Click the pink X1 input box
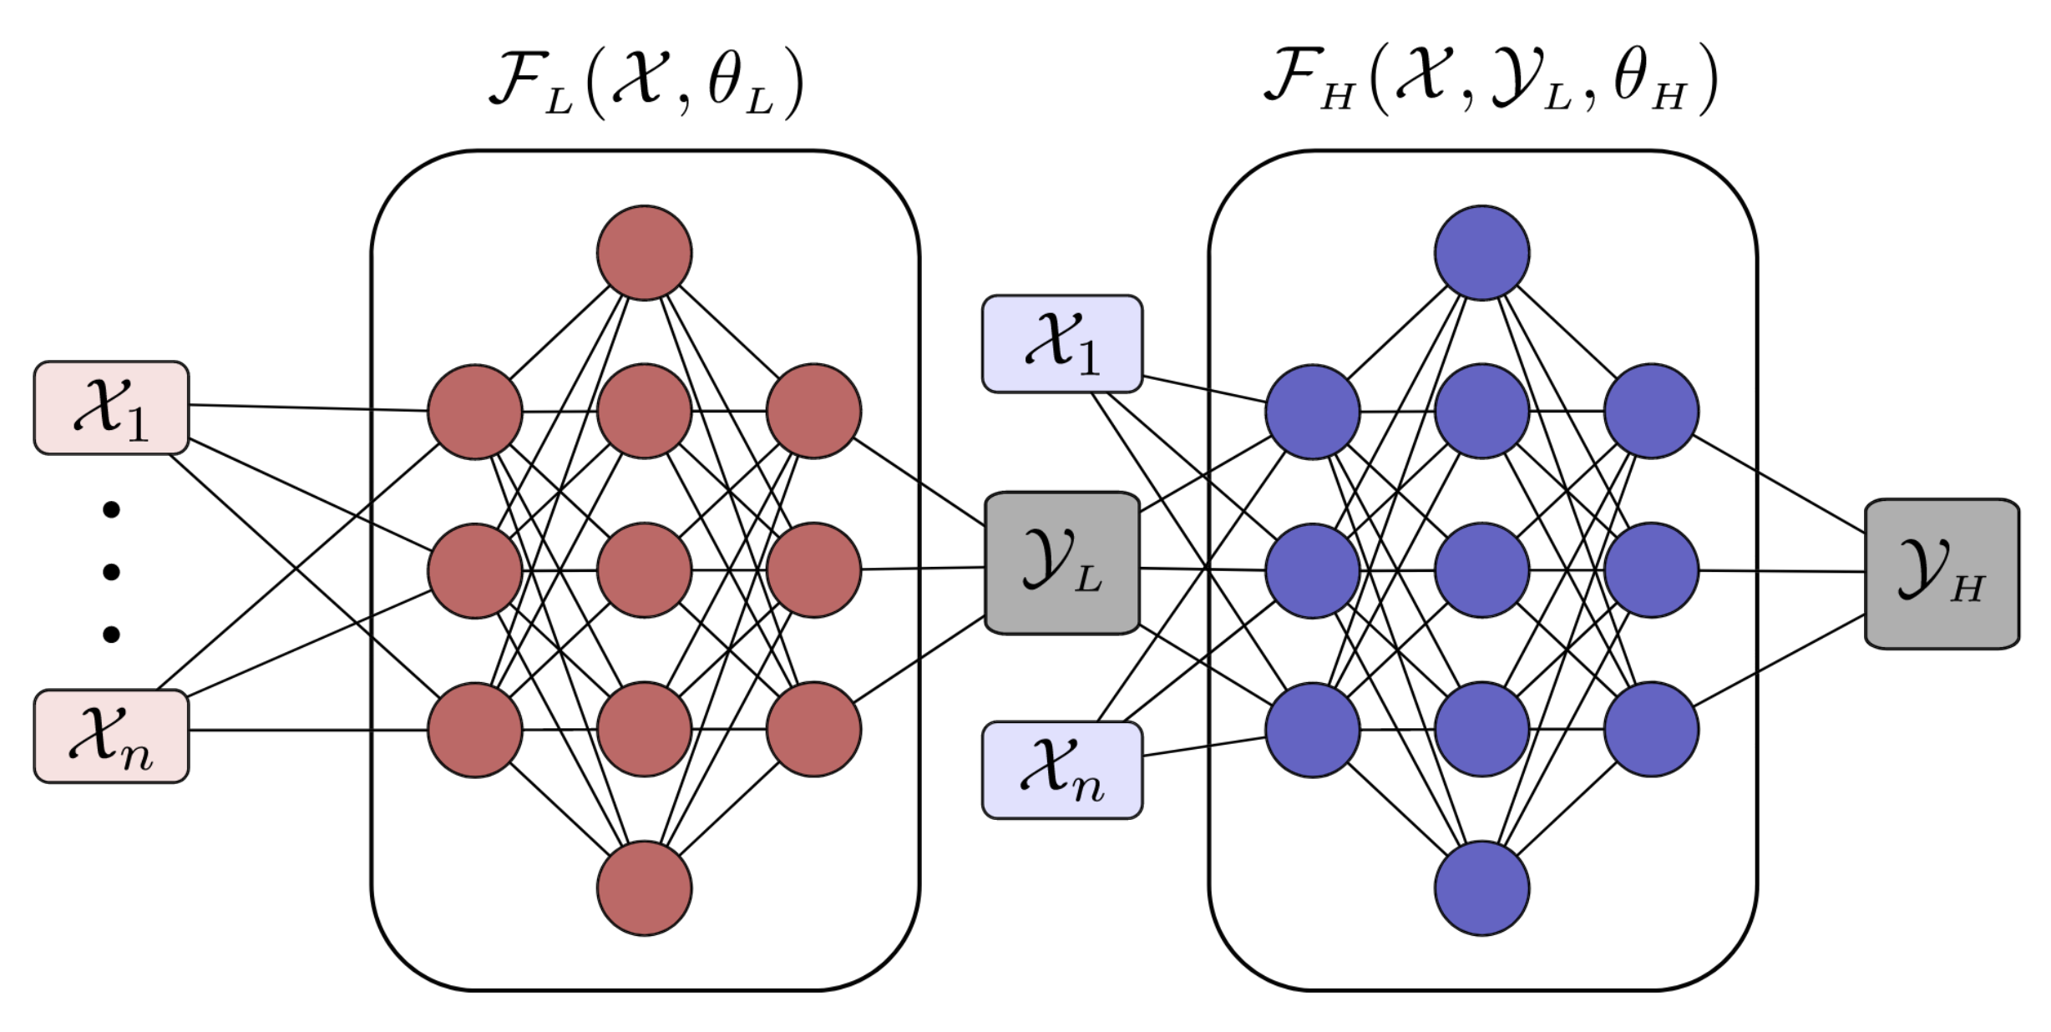point(111,407)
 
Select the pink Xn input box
point(111,736)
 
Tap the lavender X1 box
point(1061,343)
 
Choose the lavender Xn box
point(1061,770)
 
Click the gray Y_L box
point(1061,563)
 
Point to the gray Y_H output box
point(1942,574)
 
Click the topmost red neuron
point(644,252)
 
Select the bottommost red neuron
point(644,888)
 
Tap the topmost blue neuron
point(1481,252)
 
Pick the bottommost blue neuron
point(1481,888)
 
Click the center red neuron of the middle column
point(644,570)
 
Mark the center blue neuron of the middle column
point(1481,570)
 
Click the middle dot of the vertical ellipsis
point(111,572)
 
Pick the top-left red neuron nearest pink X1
point(474,411)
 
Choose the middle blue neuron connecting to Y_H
point(1651,570)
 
